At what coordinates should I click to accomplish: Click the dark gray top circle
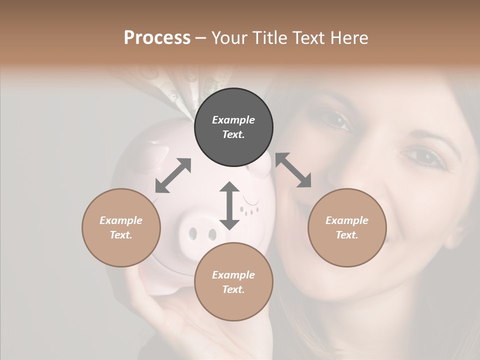coord(233,127)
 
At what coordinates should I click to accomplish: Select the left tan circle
coord(121,227)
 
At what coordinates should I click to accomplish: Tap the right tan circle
coord(347,227)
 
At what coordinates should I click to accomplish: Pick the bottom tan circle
coord(233,282)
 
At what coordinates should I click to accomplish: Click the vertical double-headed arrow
coord(229,205)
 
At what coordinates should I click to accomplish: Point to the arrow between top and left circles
coord(173,175)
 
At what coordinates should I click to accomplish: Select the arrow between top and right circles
coord(293,170)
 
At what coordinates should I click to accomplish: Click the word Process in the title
coord(157,37)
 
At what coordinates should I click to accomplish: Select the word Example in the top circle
coord(233,120)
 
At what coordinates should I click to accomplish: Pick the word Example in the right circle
coord(347,220)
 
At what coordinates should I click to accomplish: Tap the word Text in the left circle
coord(121,235)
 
